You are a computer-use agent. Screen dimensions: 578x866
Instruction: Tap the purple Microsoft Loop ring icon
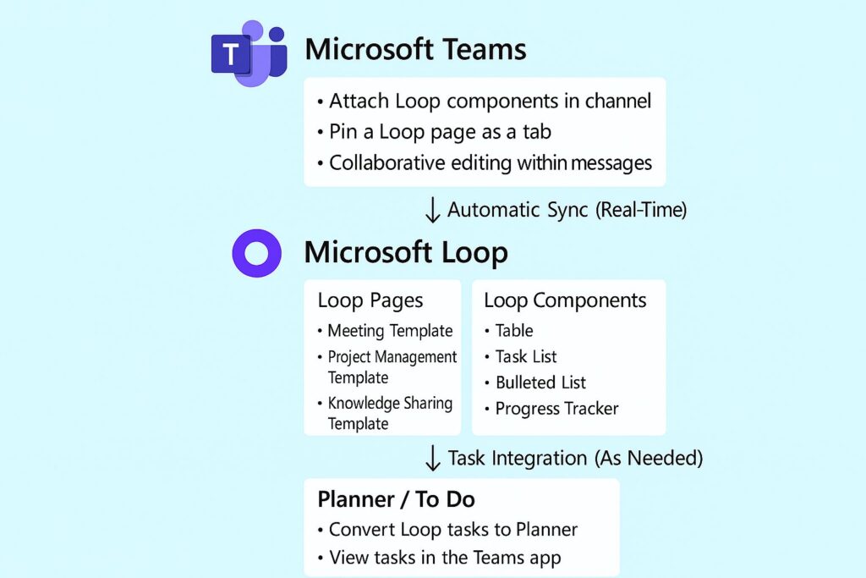click(x=256, y=252)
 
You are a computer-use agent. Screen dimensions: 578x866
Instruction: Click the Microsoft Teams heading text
click(x=415, y=48)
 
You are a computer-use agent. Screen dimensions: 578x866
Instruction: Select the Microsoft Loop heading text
click(x=406, y=252)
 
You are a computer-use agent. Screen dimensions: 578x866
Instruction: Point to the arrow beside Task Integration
click(x=432, y=459)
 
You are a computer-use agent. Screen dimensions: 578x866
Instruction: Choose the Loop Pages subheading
click(x=370, y=300)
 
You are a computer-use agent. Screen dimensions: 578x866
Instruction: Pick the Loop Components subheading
click(x=565, y=300)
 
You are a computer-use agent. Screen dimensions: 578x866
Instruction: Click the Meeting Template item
click(x=390, y=331)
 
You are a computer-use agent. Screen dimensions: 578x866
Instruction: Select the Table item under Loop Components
click(x=513, y=331)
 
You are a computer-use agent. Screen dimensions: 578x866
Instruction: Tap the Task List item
click(x=525, y=356)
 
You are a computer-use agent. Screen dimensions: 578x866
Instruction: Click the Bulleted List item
click(x=540, y=383)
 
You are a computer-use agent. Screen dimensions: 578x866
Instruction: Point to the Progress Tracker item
click(x=556, y=409)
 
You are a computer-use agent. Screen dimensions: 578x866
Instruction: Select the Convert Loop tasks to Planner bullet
click(x=452, y=530)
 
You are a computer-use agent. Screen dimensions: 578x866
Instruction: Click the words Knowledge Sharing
click(x=390, y=403)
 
